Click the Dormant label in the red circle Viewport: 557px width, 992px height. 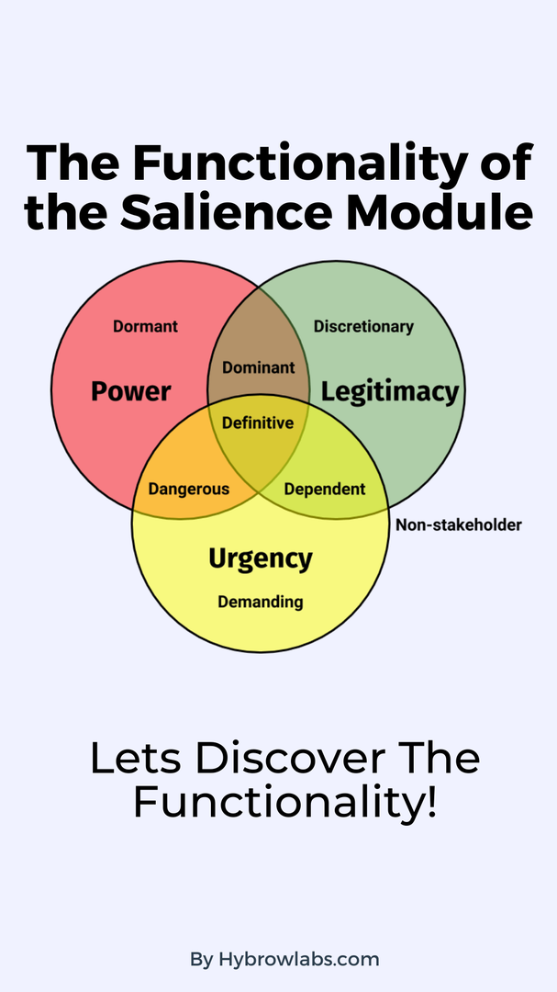coord(145,326)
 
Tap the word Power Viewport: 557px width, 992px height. coord(131,391)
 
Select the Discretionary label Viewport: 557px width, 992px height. coord(363,326)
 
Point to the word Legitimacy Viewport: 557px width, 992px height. coord(389,392)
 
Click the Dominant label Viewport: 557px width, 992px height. coord(259,367)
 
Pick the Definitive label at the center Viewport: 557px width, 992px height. coord(258,423)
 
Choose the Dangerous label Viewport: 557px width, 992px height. coord(188,489)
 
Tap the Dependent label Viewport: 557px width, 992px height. coord(324,489)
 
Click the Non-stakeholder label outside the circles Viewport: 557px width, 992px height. coord(459,524)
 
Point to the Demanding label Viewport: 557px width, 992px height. coord(261,602)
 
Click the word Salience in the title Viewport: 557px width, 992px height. coord(226,212)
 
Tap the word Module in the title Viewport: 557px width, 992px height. coord(440,212)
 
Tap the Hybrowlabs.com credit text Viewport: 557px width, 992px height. coord(299,959)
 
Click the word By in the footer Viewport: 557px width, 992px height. coord(202,960)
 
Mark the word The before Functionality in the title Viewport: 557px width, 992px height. coord(72,163)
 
